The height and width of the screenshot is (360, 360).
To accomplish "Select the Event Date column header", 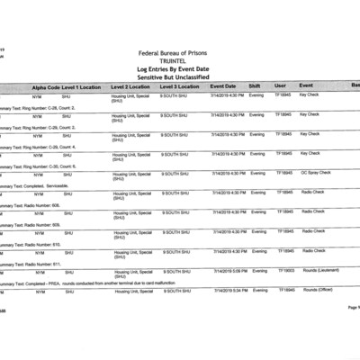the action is click(x=223, y=86).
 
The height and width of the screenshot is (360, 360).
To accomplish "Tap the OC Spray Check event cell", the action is click(x=316, y=172).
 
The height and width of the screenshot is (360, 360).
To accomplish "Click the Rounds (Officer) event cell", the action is click(x=319, y=290).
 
